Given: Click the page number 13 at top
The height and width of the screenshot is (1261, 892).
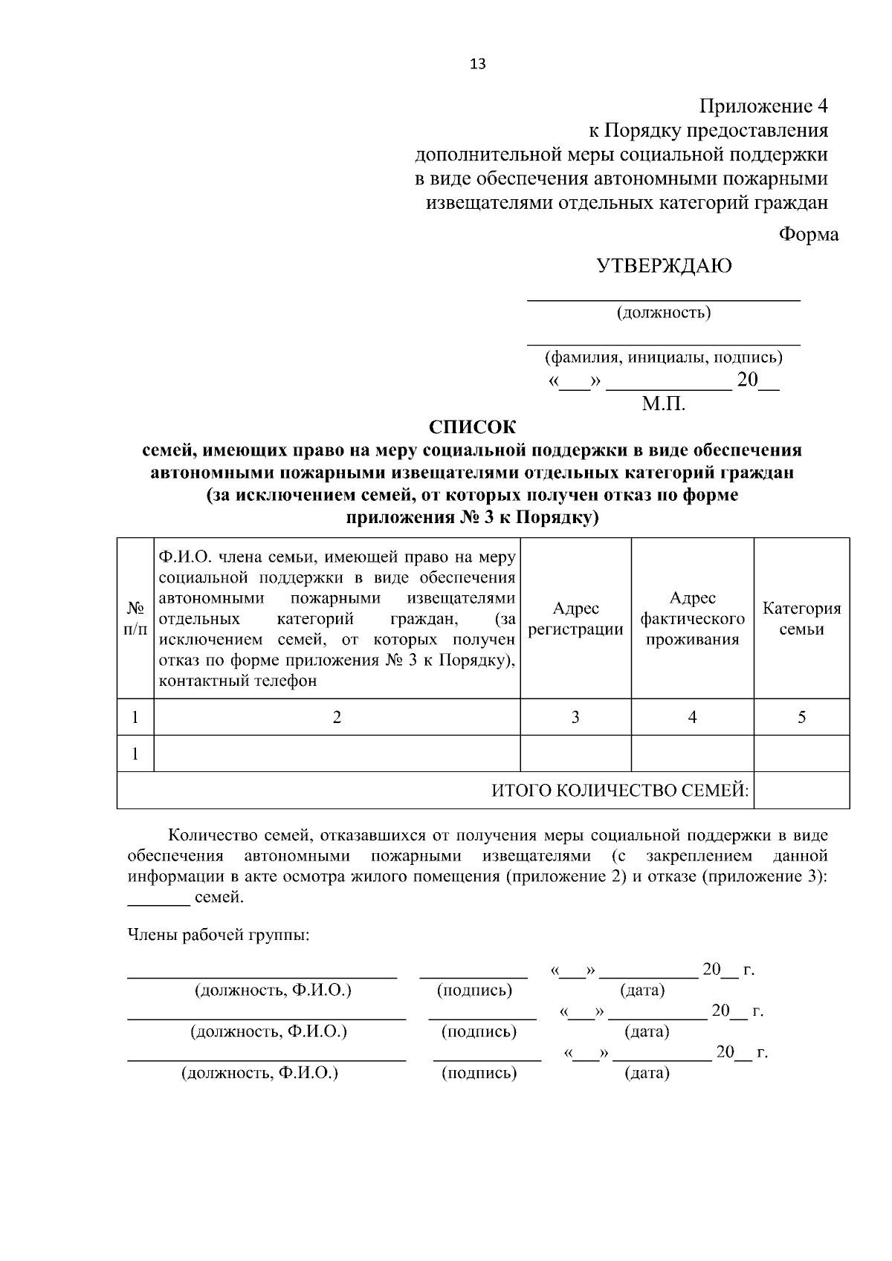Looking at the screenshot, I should click(x=478, y=64).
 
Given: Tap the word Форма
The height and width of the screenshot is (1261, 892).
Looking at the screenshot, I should click(x=808, y=235).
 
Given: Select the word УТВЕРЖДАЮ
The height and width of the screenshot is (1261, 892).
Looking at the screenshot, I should click(x=664, y=266).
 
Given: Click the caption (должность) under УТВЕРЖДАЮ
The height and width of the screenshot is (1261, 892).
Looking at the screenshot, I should click(x=663, y=313).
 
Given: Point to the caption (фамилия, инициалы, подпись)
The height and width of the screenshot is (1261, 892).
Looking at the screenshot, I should click(x=663, y=357).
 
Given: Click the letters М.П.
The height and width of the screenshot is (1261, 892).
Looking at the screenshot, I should click(x=663, y=405).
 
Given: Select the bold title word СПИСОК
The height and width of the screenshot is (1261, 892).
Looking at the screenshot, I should click(x=472, y=427).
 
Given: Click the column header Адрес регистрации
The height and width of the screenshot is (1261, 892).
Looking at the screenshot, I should click(x=575, y=619).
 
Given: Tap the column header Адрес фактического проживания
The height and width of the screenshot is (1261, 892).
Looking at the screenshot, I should click(x=692, y=619).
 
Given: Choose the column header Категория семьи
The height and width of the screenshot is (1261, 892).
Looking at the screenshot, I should click(x=801, y=619).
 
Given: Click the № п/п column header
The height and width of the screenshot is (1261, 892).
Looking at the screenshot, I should click(x=135, y=619).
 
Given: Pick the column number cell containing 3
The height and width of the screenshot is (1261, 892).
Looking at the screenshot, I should click(x=575, y=717).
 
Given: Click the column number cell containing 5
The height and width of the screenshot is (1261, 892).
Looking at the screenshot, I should click(x=801, y=717).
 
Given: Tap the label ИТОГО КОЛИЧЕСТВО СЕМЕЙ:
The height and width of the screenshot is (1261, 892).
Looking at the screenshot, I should click(x=620, y=791).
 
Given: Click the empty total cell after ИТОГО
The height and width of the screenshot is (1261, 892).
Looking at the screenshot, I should click(x=801, y=791).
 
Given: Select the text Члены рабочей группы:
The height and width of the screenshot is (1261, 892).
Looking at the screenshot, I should click(x=219, y=935).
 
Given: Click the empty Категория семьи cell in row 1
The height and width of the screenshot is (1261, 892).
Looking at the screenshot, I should click(x=801, y=753).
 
